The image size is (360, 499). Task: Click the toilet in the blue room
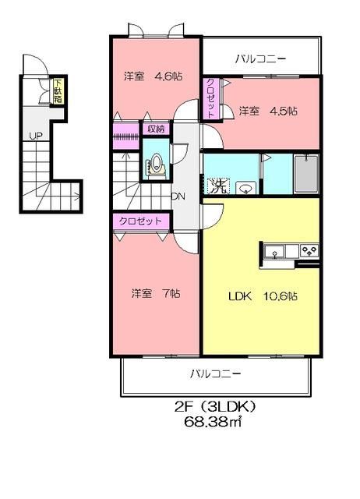[157, 165]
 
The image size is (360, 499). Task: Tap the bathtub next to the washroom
[306, 174]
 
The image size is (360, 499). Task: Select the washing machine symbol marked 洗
[217, 186]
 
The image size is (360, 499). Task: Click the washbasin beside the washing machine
[246, 188]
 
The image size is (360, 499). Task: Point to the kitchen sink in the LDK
[274, 251]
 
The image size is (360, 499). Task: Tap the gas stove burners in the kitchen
[309, 250]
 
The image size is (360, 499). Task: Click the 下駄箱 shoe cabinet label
[58, 90]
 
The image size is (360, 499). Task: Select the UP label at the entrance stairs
[36, 136]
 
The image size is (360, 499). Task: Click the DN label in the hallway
[178, 196]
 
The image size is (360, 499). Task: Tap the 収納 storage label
[156, 129]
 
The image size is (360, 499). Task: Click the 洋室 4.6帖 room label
[154, 76]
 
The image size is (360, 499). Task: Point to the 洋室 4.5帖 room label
[268, 111]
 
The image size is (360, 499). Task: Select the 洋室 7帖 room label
[156, 293]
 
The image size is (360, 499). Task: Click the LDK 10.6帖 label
[263, 296]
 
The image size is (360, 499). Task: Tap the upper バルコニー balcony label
[261, 59]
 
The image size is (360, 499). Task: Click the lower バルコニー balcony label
[216, 373]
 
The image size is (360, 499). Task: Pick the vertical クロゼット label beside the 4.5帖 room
[210, 98]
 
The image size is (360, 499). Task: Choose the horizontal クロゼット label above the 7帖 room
[140, 221]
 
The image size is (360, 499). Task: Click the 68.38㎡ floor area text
[213, 422]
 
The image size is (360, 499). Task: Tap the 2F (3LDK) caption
[215, 407]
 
